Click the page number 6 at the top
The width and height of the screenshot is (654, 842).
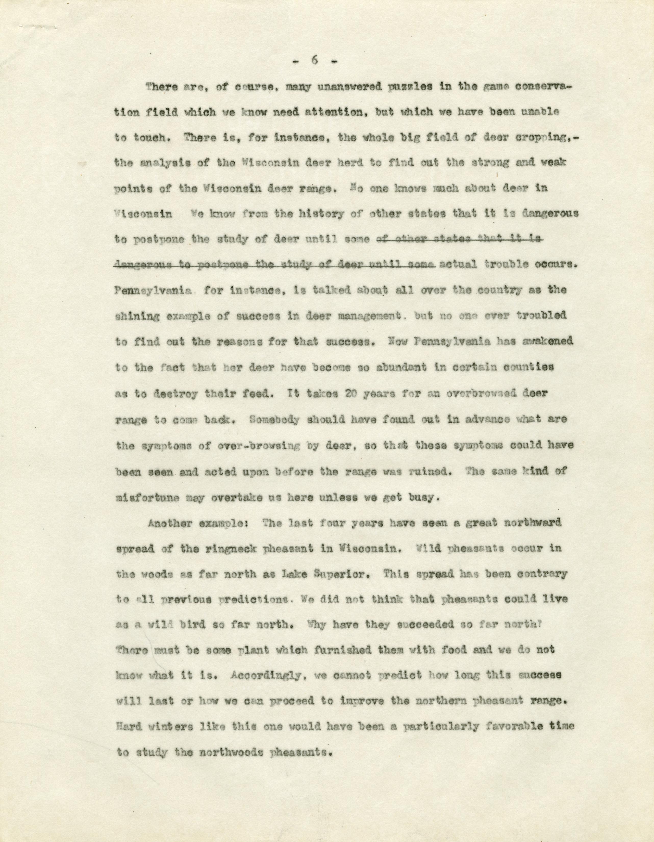pyautogui.click(x=315, y=61)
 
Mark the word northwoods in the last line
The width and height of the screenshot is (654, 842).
pyautogui.click(x=230, y=754)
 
